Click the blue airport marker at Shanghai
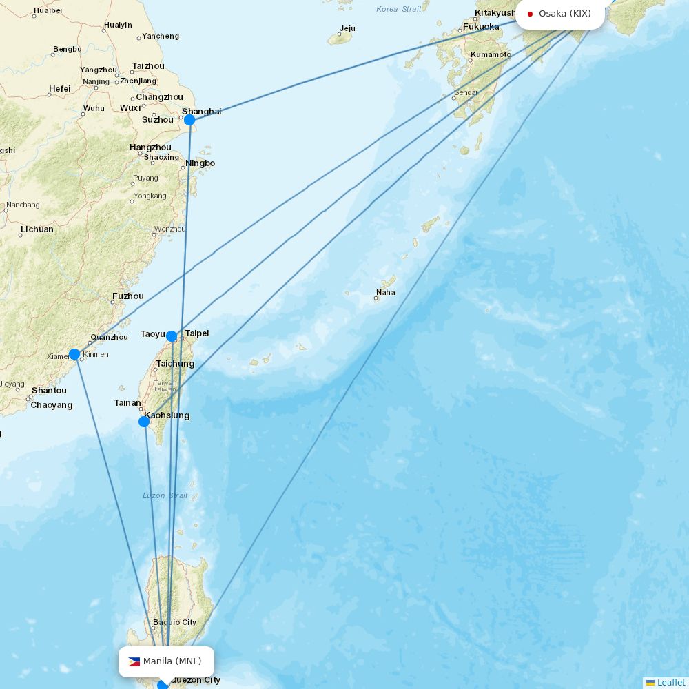[x=189, y=120]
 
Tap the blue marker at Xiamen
[x=74, y=354]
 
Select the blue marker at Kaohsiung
[x=144, y=421]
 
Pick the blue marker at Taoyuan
[x=172, y=336]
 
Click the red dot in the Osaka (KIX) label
[x=530, y=14]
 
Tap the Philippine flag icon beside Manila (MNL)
[x=134, y=661]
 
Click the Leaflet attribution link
[x=670, y=682]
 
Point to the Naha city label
[x=386, y=292]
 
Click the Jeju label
[x=347, y=29]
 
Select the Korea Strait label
[x=398, y=9]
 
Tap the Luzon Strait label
[x=165, y=495]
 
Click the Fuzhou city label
[x=128, y=296]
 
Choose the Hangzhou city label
[x=150, y=147]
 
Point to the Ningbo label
[x=200, y=163]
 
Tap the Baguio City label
[x=174, y=622]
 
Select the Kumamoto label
[x=491, y=54]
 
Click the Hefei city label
[x=60, y=89]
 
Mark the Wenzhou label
[x=169, y=229]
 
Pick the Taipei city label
[x=196, y=333]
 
